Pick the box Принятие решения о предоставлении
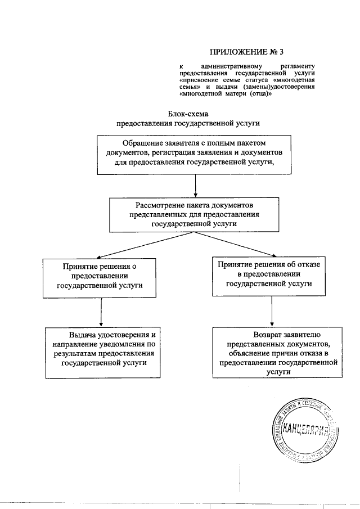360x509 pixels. click(100, 276)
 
